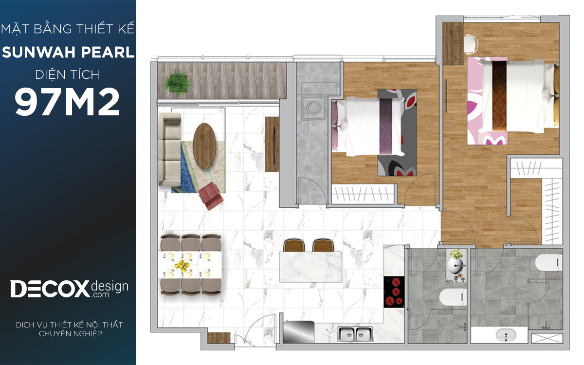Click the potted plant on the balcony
[x=177, y=82]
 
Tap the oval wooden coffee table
[x=204, y=146]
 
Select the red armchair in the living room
[x=211, y=196]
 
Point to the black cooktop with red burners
[x=394, y=292]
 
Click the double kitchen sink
[x=355, y=334]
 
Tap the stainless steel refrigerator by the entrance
[x=298, y=331]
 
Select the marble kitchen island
[x=310, y=267]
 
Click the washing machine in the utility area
[x=313, y=108]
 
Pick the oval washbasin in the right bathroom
[x=506, y=335]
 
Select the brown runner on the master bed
[x=499, y=96]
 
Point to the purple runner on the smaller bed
[x=386, y=127]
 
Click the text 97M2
[x=67, y=102]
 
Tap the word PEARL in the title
[x=108, y=52]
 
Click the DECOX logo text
[x=50, y=289]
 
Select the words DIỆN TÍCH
[x=67, y=75]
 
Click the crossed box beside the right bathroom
[x=547, y=338]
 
